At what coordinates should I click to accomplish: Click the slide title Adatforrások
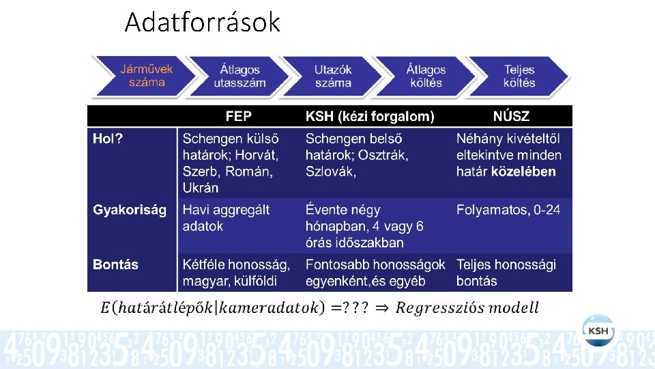pos(202,23)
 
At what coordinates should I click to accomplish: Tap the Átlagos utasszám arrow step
pos(239,76)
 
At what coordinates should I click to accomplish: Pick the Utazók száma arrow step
pos(333,76)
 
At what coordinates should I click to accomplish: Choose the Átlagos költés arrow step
pos(426,76)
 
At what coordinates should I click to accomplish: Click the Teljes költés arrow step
pos(519,76)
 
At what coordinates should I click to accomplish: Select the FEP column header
pos(238,117)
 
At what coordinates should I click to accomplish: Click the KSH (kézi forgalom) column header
pos(369,117)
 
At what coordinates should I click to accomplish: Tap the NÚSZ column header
pos(511,117)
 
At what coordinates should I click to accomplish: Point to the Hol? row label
pos(108,139)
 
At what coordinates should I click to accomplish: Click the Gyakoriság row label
pos(130,210)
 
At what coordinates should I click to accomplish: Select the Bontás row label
pos(115,264)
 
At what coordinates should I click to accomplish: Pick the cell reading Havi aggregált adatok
pos(226,218)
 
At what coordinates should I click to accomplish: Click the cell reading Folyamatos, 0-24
pos(508,210)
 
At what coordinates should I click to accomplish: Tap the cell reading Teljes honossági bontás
pos(506,273)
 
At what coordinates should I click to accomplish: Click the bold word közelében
pos(523,172)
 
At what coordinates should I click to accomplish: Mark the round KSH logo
pos(598,331)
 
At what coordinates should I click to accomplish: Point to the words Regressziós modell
pos(467,308)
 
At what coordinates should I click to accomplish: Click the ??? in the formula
pos(356,308)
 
